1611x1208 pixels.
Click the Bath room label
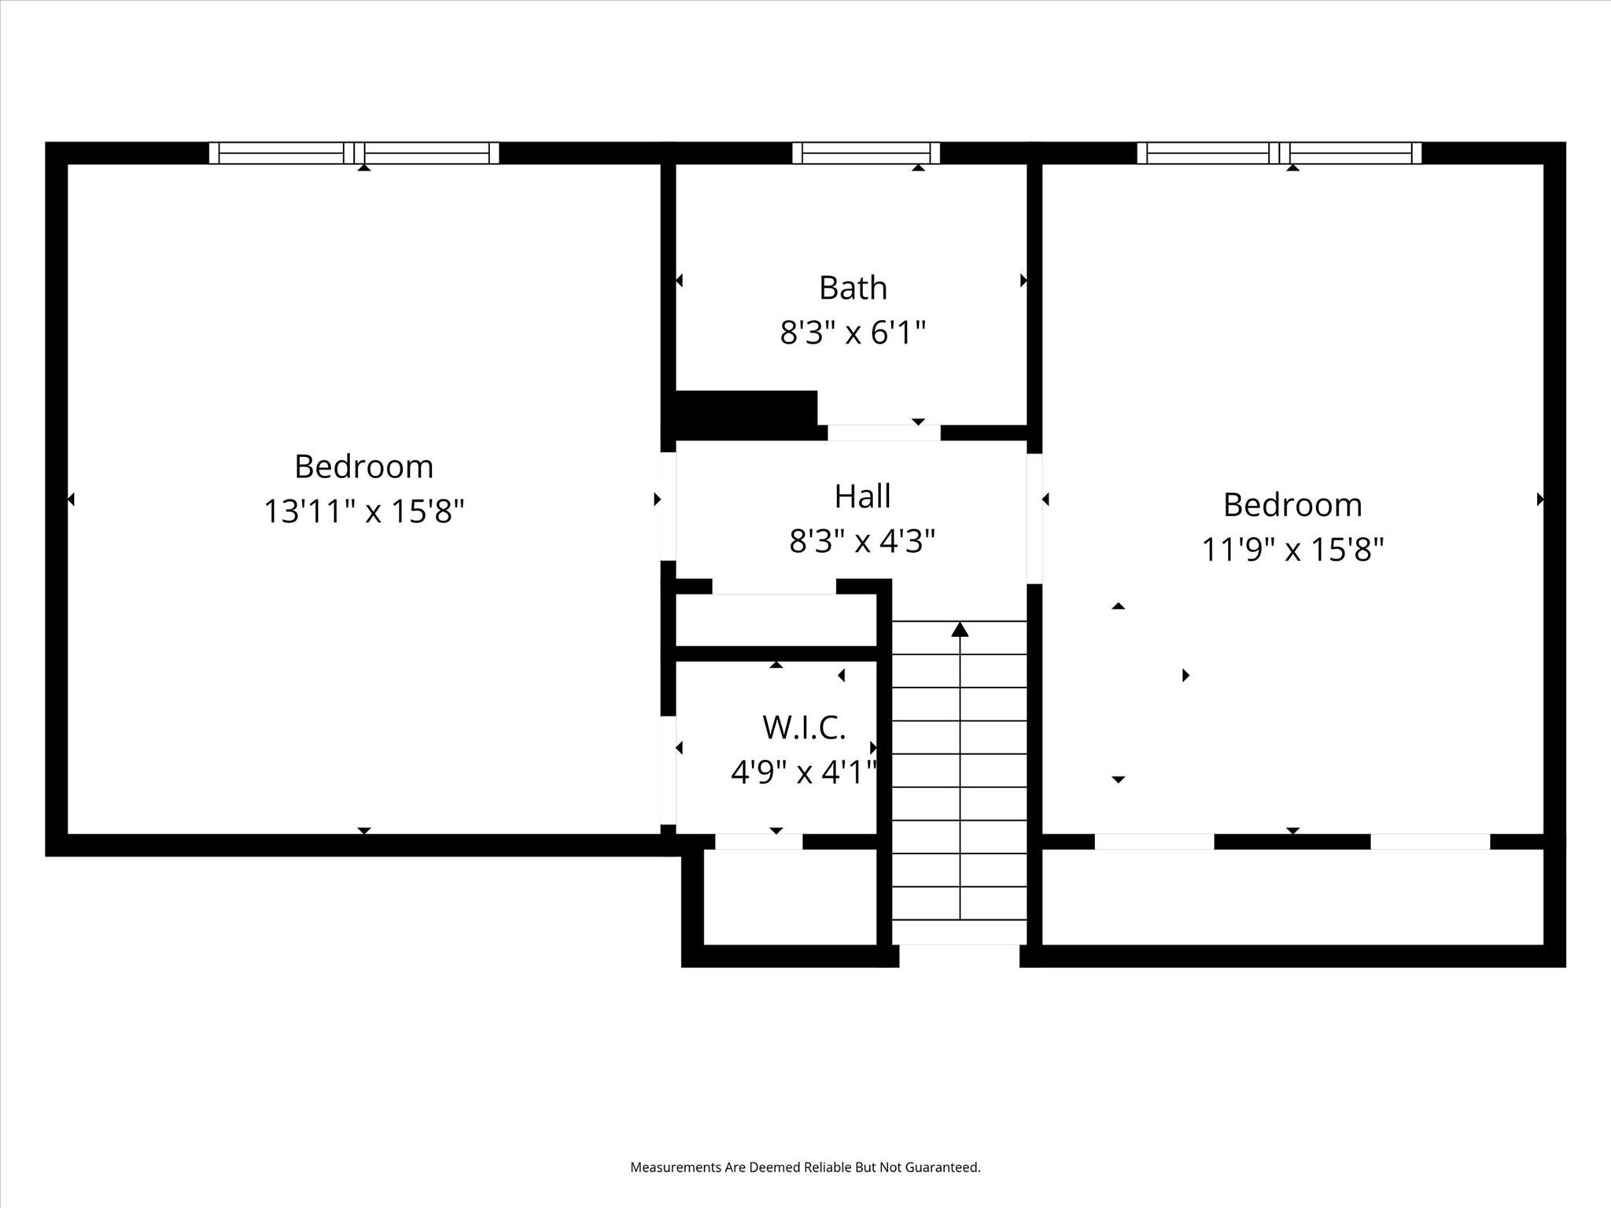(x=853, y=288)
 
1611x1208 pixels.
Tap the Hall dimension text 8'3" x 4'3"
(x=862, y=541)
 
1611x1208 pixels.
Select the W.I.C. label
(x=803, y=727)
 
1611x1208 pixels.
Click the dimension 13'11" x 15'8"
(x=363, y=511)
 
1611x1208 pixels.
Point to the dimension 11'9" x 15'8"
(x=1292, y=549)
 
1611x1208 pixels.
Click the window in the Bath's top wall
(x=865, y=153)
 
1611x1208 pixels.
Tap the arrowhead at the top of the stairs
(x=960, y=630)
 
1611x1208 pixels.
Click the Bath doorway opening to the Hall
(x=883, y=433)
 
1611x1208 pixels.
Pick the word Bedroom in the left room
(x=363, y=466)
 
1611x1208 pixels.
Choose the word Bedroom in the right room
(x=1292, y=504)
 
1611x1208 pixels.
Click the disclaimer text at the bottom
(x=805, y=1167)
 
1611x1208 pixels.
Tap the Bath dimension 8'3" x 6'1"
(x=853, y=333)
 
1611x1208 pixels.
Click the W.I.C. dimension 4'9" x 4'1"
(x=803, y=772)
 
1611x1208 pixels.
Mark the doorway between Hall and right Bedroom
(x=1034, y=519)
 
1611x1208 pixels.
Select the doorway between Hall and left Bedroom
(x=668, y=506)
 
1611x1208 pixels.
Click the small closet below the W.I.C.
(x=789, y=897)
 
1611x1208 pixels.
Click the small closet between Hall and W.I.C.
(x=776, y=621)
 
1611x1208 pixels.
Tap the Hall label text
(x=862, y=496)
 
